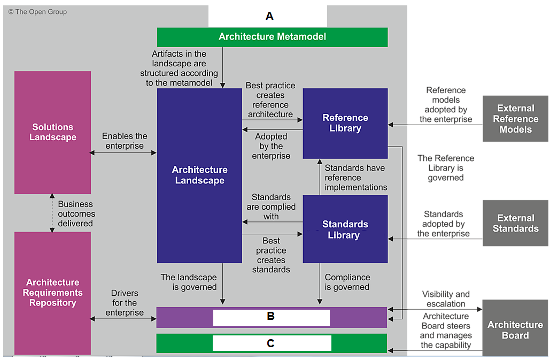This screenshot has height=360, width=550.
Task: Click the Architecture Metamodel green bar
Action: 272,37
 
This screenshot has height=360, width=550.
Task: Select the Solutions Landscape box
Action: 52,132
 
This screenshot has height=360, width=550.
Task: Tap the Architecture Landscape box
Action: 199,175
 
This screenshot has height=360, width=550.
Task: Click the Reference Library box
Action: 345,123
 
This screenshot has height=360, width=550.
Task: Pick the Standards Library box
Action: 345,229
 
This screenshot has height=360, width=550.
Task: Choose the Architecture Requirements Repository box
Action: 52,293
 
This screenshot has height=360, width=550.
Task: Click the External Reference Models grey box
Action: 515,119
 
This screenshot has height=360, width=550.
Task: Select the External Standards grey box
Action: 515,223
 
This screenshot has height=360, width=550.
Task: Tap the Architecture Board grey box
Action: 515,328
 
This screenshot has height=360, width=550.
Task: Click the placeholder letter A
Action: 269,16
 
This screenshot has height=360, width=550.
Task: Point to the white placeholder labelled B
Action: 271,317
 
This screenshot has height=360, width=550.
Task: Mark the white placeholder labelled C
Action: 272,343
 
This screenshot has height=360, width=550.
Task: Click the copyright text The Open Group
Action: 37,12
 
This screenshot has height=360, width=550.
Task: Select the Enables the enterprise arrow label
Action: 125,141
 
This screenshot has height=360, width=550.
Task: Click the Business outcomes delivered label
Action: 76,213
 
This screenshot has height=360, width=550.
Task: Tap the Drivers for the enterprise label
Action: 125,302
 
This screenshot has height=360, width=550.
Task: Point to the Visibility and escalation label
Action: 446,299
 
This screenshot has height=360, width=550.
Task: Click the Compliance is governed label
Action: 347,282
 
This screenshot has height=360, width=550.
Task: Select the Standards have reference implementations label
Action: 355,178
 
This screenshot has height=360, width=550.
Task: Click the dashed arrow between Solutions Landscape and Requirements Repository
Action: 52,213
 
